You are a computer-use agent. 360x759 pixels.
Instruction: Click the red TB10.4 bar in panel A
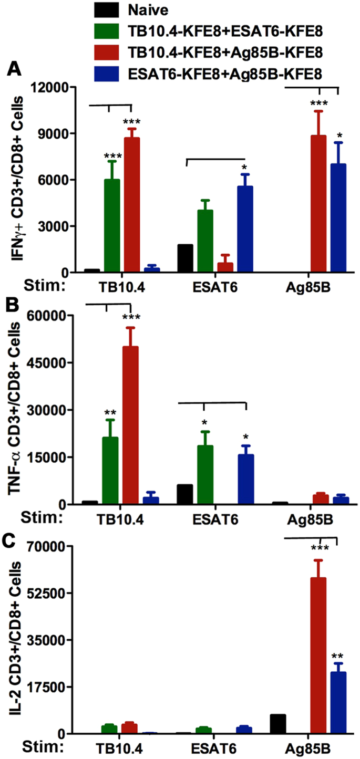click(131, 205)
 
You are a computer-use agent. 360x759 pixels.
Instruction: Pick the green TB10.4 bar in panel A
click(111, 226)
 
